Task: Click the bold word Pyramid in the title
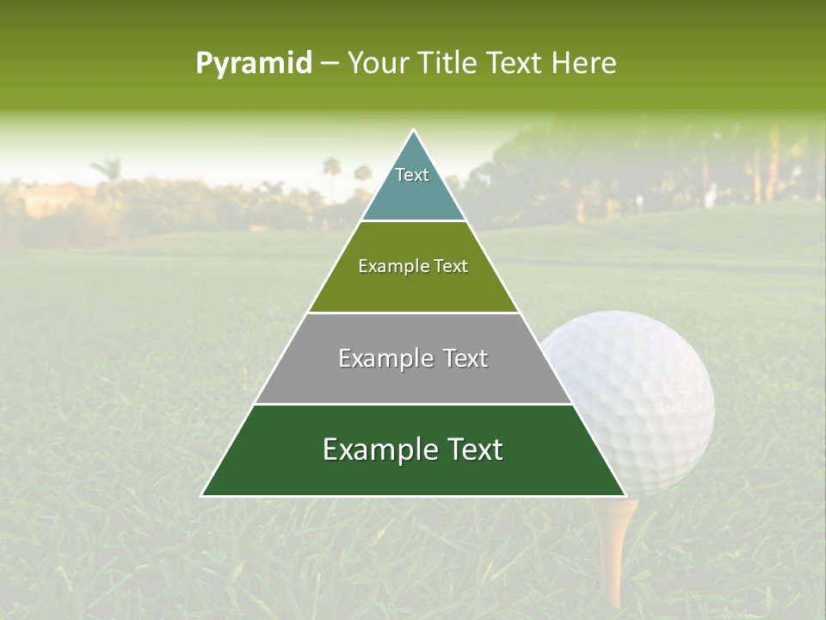tap(254, 64)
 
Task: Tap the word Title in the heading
tap(451, 64)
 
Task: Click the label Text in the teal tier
tap(412, 175)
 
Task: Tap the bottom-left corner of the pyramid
tap(201, 495)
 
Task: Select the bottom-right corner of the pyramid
tap(626, 495)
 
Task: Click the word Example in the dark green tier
tap(377, 449)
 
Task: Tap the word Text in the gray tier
tap(465, 358)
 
